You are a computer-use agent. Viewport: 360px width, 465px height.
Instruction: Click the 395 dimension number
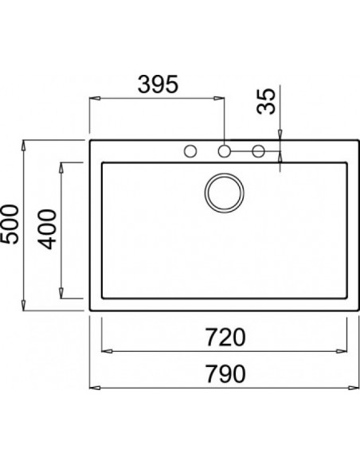157,84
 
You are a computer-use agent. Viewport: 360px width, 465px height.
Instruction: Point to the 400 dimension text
49,231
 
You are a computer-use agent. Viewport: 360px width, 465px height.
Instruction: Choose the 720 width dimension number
224,338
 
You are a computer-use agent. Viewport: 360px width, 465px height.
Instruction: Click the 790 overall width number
224,373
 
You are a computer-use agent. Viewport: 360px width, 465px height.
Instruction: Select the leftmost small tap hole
190,150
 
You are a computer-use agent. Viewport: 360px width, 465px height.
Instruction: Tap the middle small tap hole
225,150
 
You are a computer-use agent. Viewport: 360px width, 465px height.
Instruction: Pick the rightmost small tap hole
258,150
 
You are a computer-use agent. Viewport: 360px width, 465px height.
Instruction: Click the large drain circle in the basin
225,192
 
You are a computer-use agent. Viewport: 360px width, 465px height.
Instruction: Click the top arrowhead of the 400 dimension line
62,166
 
